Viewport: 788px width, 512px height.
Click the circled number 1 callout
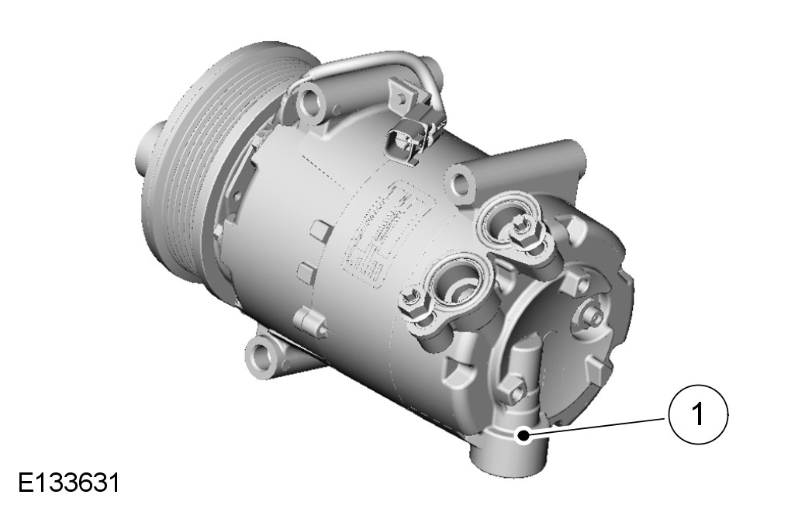[698, 414]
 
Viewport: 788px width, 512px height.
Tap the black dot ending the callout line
[524, 435]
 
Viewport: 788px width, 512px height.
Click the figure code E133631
[69, 483]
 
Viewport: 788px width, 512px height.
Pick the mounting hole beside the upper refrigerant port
[459, 183]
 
